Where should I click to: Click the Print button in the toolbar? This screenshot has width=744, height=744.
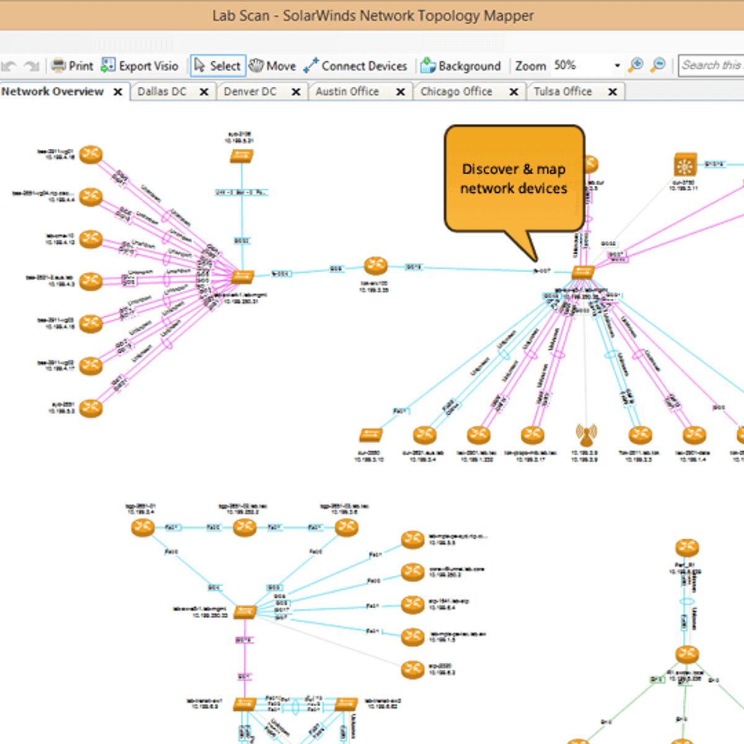73,66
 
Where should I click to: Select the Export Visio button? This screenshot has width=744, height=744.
140,66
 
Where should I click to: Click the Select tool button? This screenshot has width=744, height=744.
218,66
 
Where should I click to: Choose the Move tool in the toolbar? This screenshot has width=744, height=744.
273,66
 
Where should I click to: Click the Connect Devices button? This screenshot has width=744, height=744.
356,66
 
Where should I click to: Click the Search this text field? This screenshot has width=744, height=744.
711,65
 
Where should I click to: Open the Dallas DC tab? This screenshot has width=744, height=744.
162,92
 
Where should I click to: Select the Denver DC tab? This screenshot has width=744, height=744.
250,92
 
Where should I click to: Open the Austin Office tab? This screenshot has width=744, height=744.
347,92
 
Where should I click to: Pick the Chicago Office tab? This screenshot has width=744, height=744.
456,92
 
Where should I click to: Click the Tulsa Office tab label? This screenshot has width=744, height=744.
562,92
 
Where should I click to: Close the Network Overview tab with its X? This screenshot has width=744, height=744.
118,92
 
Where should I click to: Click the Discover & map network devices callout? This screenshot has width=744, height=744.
514,179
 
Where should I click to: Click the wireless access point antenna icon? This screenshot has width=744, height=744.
586,435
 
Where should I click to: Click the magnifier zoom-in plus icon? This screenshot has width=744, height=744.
636,65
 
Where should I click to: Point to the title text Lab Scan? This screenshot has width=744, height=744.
241,15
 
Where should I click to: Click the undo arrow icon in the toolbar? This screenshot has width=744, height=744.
9,66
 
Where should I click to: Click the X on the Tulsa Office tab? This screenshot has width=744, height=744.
613,92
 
